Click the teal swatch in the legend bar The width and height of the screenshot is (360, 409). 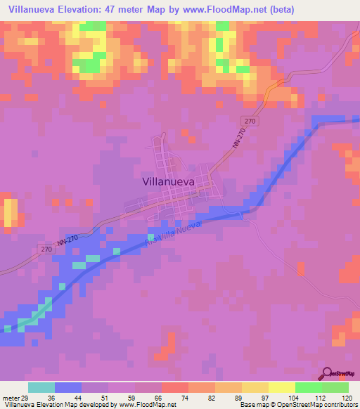[41, 387]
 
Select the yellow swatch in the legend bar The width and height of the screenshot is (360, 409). [281, 387]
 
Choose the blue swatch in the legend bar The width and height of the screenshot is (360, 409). [68, 387]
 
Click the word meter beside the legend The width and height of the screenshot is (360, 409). [10, 396]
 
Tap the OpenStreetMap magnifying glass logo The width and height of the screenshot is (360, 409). [326, 373]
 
